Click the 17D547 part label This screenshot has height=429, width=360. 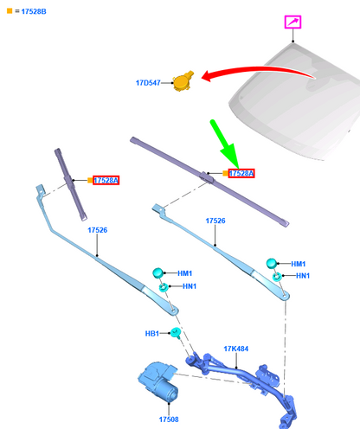pyautogui.click(x=148, y=83)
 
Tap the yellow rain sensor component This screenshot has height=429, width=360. pyautogui.click(x=183, y=81)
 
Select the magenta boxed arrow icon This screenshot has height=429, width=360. pyautogui.click(x=292, y=22)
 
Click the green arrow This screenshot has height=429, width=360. pyautogui.click(x=225, y=144)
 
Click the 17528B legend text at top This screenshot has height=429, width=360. pyautogui.click(x=34, y=11)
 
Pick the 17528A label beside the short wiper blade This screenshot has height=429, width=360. pyautogui.click(x=106, y=180)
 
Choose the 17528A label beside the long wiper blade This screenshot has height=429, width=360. pyautogui.click(x=241, y=173)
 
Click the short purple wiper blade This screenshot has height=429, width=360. pyautogui.click(x=71, y=184)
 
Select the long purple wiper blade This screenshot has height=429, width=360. pyautogui.click(x=209, y=182)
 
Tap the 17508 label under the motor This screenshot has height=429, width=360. pyautogui.click(x=169, y=419)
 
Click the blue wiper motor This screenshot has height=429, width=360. pyautogui.click(x=158, y=381)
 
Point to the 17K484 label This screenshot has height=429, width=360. pyautogui.click(x=236, y=349)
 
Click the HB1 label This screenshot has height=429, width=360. pyautogui.click(x=152, y=334)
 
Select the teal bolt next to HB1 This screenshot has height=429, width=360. pyautogui.click(x=175, y=332)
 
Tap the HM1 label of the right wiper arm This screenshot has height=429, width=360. pyautogui.click(x=299, y=264)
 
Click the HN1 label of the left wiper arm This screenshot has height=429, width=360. pyautogui.click(x=190, y=286)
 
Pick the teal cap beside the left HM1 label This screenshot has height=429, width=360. pyautogui.click(x=157, y=272)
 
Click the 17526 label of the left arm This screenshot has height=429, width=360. pyautogui.click(x=98, y=230)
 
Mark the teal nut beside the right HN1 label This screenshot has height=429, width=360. pyautogui.click(x=277, y=277)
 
